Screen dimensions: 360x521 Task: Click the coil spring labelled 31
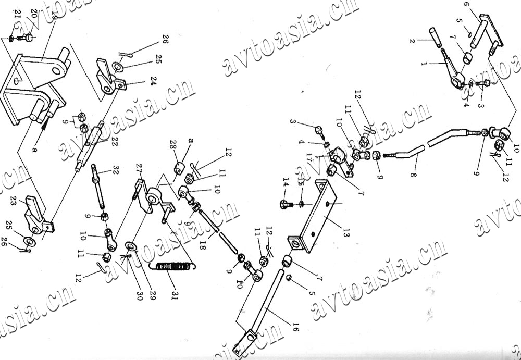coord(172,267)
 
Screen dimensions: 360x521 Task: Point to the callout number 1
coord(423,64)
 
